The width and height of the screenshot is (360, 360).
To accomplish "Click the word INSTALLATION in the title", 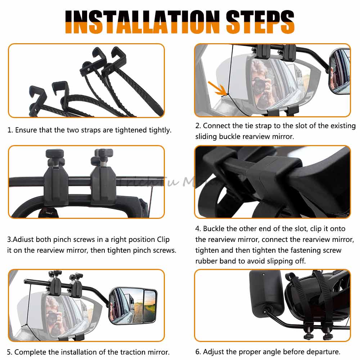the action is pyautogui.click(x=142, y=22).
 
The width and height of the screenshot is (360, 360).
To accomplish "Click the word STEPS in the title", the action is pyautogui.click(x=260, y=22).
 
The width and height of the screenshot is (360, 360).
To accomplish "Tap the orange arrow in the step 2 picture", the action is pyautogui.click(x=217, y=88).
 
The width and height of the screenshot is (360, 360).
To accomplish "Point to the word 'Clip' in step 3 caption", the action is pyautogui.click(x=163, y=239).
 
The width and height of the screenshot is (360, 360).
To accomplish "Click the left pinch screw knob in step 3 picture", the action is pyautogui.click(x=55, y=153).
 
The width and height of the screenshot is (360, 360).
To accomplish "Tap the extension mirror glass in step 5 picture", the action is pyautogui.click(x=133, y=306).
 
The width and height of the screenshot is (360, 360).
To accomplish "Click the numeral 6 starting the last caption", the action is pyautogui.click(x=197, y=352).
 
